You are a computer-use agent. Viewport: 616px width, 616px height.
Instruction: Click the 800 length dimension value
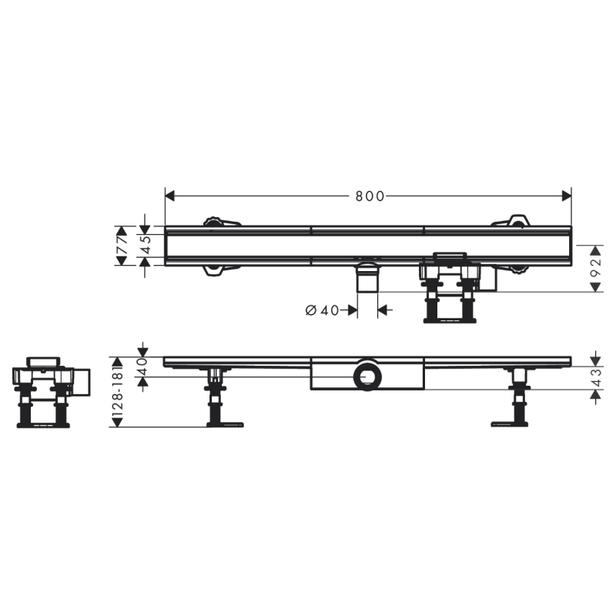tap(370, 196)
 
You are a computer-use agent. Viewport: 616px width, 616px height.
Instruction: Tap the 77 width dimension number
tap(122, 246)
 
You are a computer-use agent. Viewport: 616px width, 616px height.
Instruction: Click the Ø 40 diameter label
tap(322, 310)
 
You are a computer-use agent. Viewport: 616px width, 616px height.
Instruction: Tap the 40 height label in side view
tap(142, 367)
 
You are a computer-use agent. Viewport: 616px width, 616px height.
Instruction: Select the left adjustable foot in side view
tap(216, 397)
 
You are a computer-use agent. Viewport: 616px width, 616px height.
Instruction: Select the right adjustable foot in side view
tap(517, 397)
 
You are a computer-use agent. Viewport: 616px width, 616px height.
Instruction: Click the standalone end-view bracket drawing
tap(48, 391)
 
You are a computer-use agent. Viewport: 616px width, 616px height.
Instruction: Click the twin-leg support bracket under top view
tap(450, 289)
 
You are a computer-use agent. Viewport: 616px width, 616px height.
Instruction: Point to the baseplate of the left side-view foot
tap(225, 423)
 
